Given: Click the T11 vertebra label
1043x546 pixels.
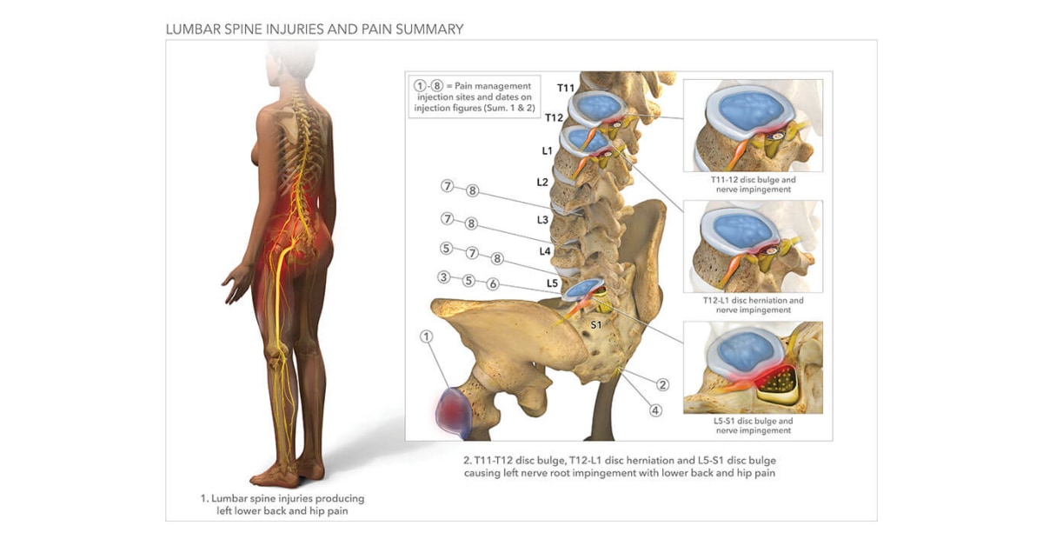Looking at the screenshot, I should (x=566, y=87).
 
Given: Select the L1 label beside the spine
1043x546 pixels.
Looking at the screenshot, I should (x=547, y=150).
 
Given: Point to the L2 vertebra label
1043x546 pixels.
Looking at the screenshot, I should (x=542, y=182).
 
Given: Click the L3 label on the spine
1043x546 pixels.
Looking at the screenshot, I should (x=542, y=220).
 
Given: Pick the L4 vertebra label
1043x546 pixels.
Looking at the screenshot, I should (x=545, y=251).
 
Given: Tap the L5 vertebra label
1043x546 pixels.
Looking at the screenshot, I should (x=552, y=283).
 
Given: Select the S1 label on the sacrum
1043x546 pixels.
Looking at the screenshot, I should (x=596, y=324).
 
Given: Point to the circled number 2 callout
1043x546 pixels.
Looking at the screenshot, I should (x=662, y=384).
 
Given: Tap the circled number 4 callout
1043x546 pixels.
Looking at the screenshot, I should (x=655, y=410).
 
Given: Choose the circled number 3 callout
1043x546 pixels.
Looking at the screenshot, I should (x=444, y=278).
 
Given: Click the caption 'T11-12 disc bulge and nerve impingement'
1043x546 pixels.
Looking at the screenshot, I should (x=753, y=184).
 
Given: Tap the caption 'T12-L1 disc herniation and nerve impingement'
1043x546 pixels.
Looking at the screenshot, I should (x=753, y=305).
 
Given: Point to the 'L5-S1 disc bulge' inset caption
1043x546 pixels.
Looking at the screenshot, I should (x=753, y=425).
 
